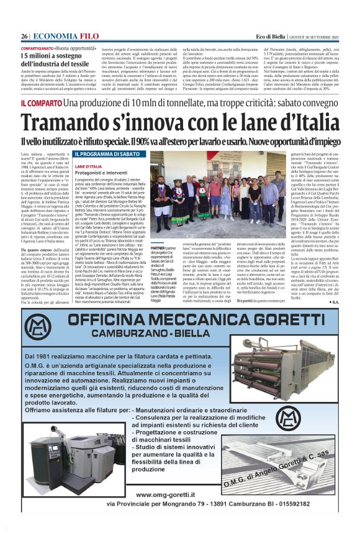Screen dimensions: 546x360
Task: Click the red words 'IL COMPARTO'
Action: click(41, 101)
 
